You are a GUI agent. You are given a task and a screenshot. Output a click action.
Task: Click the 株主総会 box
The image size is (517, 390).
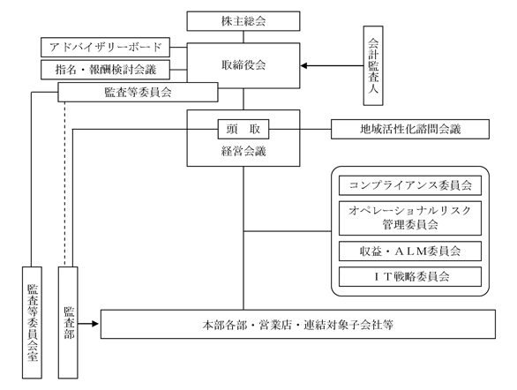pyautogui.click(x=244, y=21)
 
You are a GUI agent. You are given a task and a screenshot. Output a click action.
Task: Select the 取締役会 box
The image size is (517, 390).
pyautogui.click(x=244, y=65)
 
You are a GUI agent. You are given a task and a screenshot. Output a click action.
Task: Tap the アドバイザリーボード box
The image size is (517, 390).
pyautogui.click(x=105, y=47)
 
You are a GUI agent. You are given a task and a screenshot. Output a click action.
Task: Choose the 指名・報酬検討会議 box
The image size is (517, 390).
pyautogui.click(x=105, y=70)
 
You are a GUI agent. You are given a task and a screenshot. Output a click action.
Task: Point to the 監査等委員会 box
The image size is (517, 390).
pyautogui.click(x=138, y=92)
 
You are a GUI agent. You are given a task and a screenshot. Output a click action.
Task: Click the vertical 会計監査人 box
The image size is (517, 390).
pyautogui.click(x=373, y=65)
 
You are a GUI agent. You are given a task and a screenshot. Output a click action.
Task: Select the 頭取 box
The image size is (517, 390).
pyautogui.click(x=244, y=129)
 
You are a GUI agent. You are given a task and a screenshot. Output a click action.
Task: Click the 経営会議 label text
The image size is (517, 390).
pyautogui.click(x=244, y=151)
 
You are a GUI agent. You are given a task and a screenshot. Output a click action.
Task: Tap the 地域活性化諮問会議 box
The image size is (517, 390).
pyautogui.click(x=410, y=129)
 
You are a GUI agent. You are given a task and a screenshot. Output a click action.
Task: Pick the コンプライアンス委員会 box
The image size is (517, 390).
pyautogui.click(x=410, y=185)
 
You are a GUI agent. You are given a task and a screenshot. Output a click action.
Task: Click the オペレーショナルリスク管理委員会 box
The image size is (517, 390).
pyautogui.click(x=410, y=218)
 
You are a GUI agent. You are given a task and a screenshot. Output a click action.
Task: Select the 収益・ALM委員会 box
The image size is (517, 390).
pyautogui.click(x=410, y=251)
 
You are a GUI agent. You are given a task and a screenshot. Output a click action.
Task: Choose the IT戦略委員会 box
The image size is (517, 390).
pyautogui.click(x=410, y=276)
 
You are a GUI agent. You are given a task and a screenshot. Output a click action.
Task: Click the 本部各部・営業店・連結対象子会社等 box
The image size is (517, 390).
pyautogui.click(x=298, y=324)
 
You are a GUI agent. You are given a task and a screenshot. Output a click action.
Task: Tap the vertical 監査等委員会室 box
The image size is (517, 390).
pyautogui.click(x=32, y=322)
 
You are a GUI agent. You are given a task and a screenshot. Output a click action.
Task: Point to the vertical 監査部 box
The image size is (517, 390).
pyautogui.click(x=68, y=322)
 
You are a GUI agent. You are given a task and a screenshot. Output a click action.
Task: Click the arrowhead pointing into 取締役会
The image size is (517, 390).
pyautogui.click(x=303, y=65)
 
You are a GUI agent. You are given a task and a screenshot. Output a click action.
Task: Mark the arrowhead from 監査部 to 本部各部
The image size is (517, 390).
pyautogui.click(x=95, y=324)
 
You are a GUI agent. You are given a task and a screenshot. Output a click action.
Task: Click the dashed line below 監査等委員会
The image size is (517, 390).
pyautogui.click(x=64, y=184)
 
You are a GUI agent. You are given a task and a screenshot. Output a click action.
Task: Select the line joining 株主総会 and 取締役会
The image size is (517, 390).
pyautogui.click(x=244, y=37)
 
